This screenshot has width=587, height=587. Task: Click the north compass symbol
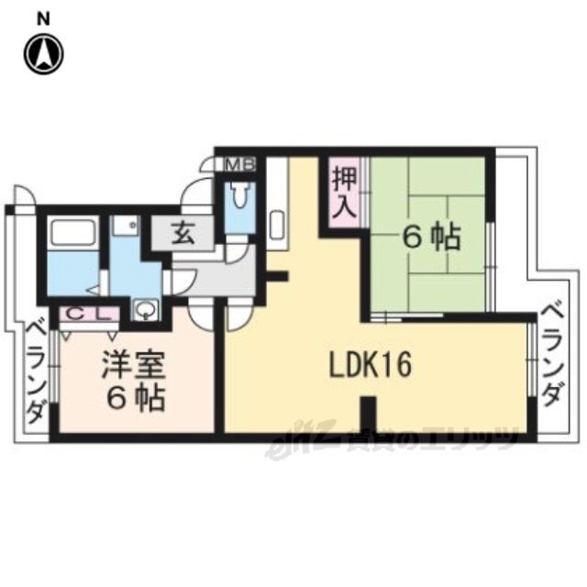coord(44,54)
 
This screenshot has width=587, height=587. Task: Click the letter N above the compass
coord(44,19)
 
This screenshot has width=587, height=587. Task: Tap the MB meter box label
coord(241,164)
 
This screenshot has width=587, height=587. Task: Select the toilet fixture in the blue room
coord(239,194)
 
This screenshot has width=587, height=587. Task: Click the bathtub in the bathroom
coord(73,232)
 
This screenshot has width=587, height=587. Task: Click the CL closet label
coord(90,314)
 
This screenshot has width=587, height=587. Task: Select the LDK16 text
coord(370,364)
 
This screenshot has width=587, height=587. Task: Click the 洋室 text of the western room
coord(134,365)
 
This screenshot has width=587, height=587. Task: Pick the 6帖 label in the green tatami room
coord(431,238)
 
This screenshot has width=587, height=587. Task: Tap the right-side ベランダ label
coord(552,356)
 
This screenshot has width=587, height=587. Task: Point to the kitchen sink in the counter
coord(277,225)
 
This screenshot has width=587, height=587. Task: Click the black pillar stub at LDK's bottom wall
coord(370,415)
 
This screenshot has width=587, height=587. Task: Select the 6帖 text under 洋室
coord(136,399)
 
